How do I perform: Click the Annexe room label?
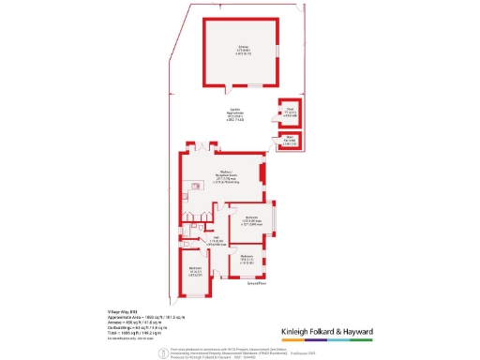[x=243, y=51]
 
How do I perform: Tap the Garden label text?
[x=229, y=116]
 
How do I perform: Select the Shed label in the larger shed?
[x=290, y=115]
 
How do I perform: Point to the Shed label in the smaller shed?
[x=291, y=142]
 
